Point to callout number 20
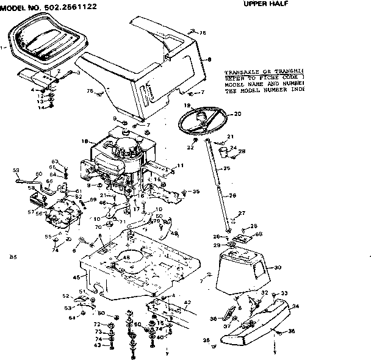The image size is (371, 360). (x=237, y=113)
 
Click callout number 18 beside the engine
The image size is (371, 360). (x=85, y=140)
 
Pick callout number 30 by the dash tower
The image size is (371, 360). (x=278, y=267)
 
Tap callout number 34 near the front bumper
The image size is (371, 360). (x=296, y=306)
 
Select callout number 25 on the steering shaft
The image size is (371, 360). (x=226, y=168)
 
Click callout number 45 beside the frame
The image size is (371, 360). (x=76, y=278)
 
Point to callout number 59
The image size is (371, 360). (x=16, y=170)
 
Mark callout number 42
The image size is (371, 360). (x=187, y=302)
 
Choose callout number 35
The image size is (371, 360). (x=196, y=192)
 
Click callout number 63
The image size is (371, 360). (x=54, y=161)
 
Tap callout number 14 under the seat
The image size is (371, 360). (x=42, y=107)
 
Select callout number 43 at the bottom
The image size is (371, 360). (x=96, y=346)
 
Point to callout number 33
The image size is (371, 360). (x=283, y=293)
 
